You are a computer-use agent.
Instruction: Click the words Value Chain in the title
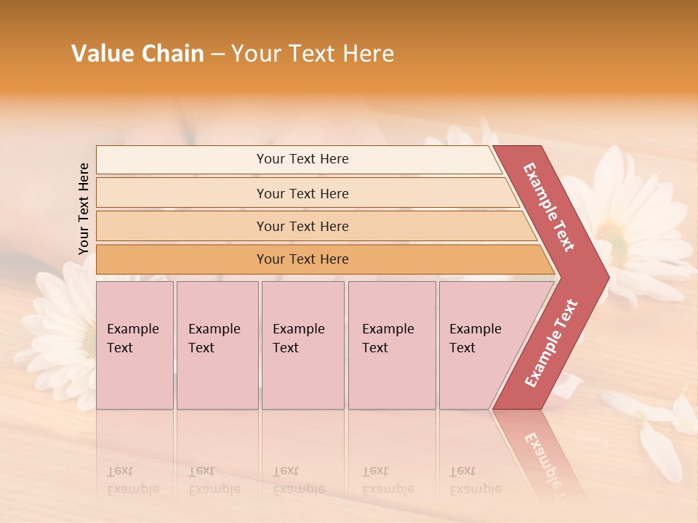click(137, 54)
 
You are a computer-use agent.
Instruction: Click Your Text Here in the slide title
click(313, 54)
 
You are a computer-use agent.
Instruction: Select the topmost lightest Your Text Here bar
click(302, 159)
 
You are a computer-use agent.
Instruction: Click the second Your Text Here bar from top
click(302, 193)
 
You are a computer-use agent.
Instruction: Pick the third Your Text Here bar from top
click(302, 226)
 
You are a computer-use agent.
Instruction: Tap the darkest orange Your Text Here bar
click(302, 259)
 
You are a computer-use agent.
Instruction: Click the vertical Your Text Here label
click(84, 208)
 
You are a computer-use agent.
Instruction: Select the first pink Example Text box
click(135, 345)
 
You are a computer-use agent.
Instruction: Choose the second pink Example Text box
click(217, 345)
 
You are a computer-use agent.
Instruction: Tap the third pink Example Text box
click(302, 345)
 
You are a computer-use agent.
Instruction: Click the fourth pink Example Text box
click(391, 345)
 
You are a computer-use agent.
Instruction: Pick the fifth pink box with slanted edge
click(480, 345)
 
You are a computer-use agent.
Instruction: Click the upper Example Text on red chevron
click(549, 207)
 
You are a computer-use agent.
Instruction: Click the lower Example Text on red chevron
click(550, 344)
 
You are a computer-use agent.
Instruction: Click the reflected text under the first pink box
click(132, 480)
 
